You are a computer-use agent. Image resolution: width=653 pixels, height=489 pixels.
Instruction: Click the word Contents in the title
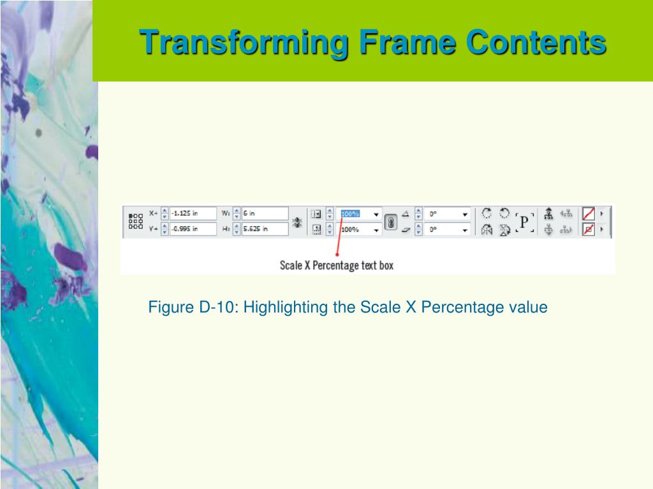pyautogui.click(x=536, y=43)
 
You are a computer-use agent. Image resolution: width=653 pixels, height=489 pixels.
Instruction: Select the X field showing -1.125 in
pyautogui.click(x=193, y=213)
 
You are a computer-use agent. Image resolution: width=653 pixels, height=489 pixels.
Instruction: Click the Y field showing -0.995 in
pyautogui.click(x=193, y=229)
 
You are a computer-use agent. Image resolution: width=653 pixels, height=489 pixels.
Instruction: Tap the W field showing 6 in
pyautogui.click(x=265, y=213)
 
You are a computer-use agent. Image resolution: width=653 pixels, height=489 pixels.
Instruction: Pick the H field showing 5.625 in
pyautogui.click(x=265, y=229)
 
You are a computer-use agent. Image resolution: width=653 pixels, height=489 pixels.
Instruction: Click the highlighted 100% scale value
pyautogui.click(x=350, y=214)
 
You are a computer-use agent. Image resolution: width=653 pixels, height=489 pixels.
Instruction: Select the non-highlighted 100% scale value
pyautogui.click(x=350, y=229)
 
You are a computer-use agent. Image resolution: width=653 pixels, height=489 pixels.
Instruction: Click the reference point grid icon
pyautogui.click(x=136, y=221)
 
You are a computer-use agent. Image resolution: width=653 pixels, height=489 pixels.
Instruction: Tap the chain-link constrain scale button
pyautogui.click(x=390, y=222)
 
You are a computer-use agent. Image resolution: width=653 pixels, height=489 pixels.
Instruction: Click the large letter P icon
pyautogui.click(x=524, y=222)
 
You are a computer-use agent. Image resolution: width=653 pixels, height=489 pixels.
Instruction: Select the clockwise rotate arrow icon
pyautogui.click(x=487, y=213)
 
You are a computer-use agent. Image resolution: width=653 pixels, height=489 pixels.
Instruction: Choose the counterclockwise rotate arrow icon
pyautogui.click(x=504, y=213)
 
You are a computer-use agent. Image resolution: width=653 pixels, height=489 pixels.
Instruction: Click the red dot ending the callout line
pyautogui.click(x=337, y=254)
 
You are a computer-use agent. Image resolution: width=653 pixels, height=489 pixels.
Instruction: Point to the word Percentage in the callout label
pyautogui.click(x=335, y=266)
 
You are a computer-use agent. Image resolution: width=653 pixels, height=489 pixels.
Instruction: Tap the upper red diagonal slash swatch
pyautogui.click(x=589, y=214)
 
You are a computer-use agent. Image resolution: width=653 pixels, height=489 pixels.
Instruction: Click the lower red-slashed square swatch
pyautogui.click(x=589, y=229)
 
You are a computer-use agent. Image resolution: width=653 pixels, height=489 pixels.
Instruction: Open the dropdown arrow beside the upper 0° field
pyautogui.click(x=465, y=215)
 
